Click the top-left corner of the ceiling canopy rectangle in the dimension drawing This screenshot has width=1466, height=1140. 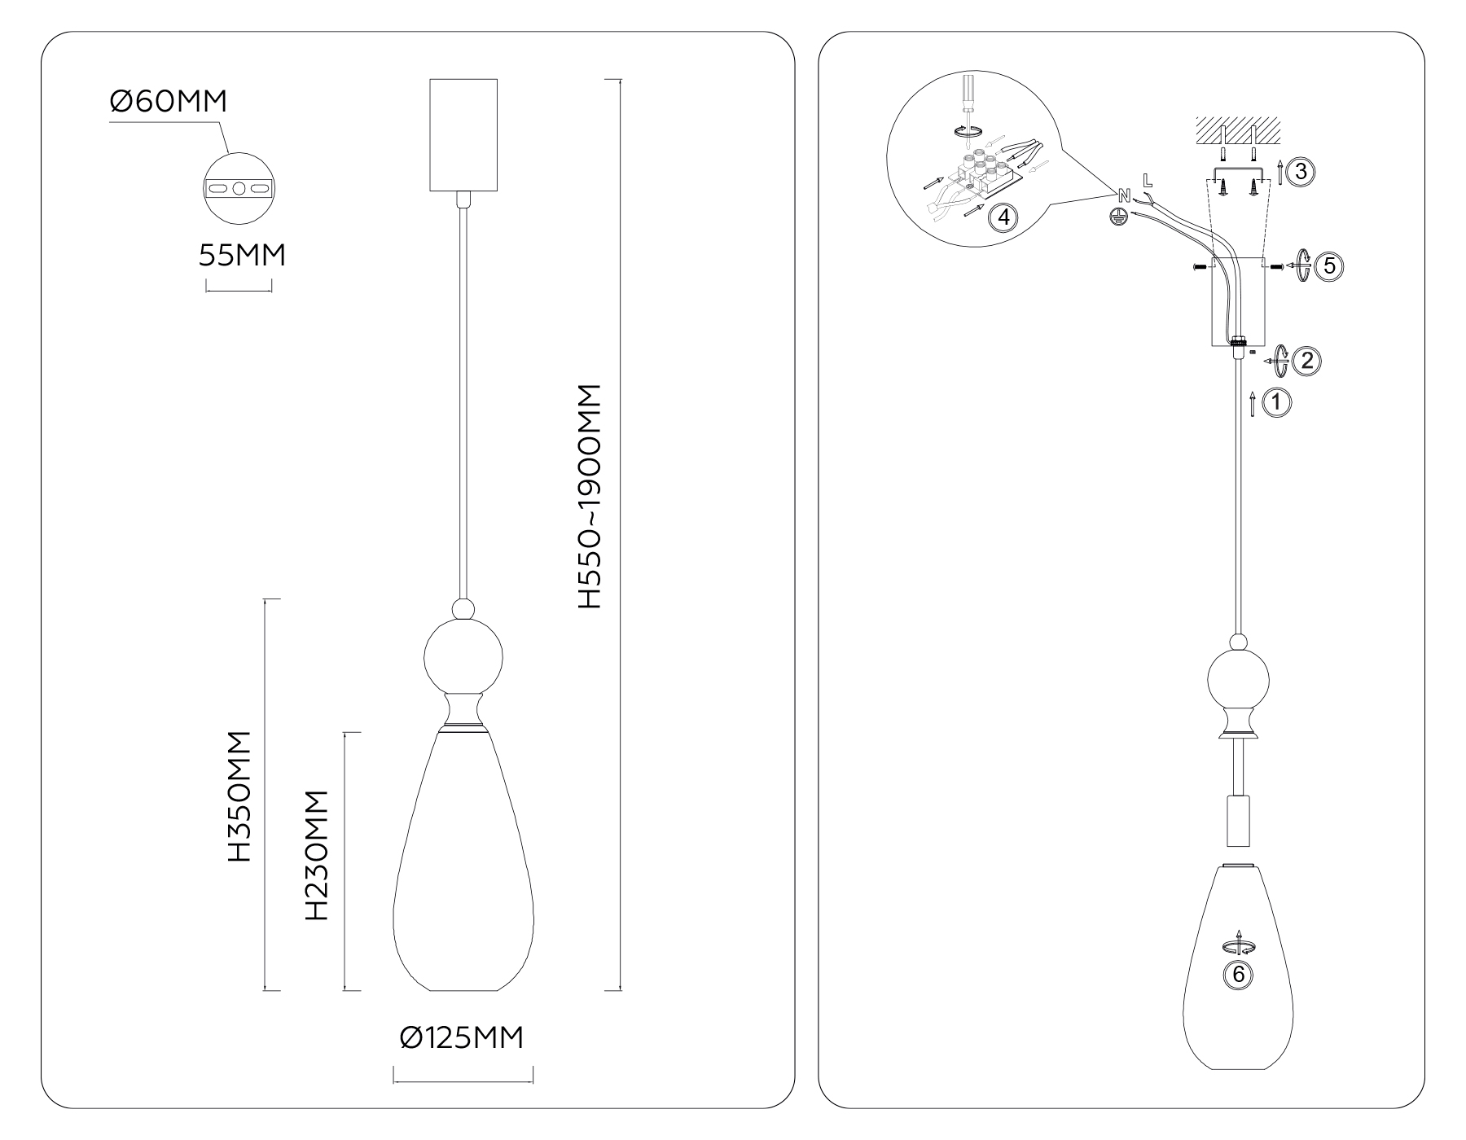(429, 79)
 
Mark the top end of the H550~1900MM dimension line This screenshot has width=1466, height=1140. (621, 79)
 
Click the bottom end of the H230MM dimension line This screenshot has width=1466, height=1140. (352, 991)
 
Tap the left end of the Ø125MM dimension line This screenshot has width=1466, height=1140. (394, 1076)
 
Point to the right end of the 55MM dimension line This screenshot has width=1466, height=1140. (272, 286)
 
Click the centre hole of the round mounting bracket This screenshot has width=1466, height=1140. (239, 189)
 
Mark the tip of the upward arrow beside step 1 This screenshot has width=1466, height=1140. (1253, 392)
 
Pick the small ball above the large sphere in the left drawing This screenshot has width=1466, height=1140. (463, 609)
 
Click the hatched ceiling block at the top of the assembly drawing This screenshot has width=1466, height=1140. (1237, 129)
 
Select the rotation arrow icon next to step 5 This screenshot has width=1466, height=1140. (1301, 266)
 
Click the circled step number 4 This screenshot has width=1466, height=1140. (1003, 217)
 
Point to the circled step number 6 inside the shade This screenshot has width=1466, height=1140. (1238, 975)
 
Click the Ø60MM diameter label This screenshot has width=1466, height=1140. (168, 102)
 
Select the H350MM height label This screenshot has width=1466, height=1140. (239, 796)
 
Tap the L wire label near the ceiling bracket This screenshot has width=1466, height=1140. (1148, 178)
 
